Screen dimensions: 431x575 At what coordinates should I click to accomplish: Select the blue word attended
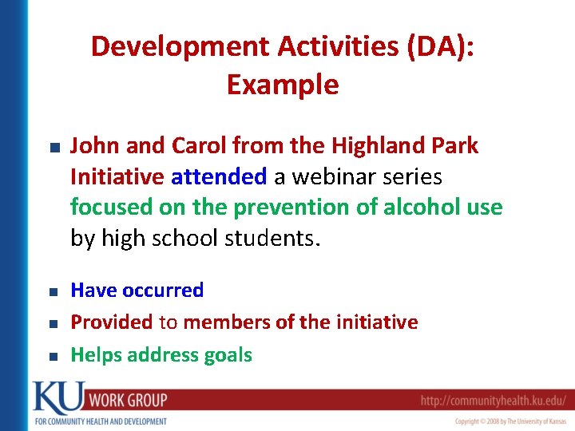pos(219,176)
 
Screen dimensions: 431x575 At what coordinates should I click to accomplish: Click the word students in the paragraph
pos(270,239)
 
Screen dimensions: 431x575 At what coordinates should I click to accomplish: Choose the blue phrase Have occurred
pos(137,291)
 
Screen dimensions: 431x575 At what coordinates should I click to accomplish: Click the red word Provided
pos(111,322)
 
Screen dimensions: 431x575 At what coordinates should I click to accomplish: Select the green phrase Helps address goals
pos(161,355)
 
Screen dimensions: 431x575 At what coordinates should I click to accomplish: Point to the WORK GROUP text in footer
pos(128,400)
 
